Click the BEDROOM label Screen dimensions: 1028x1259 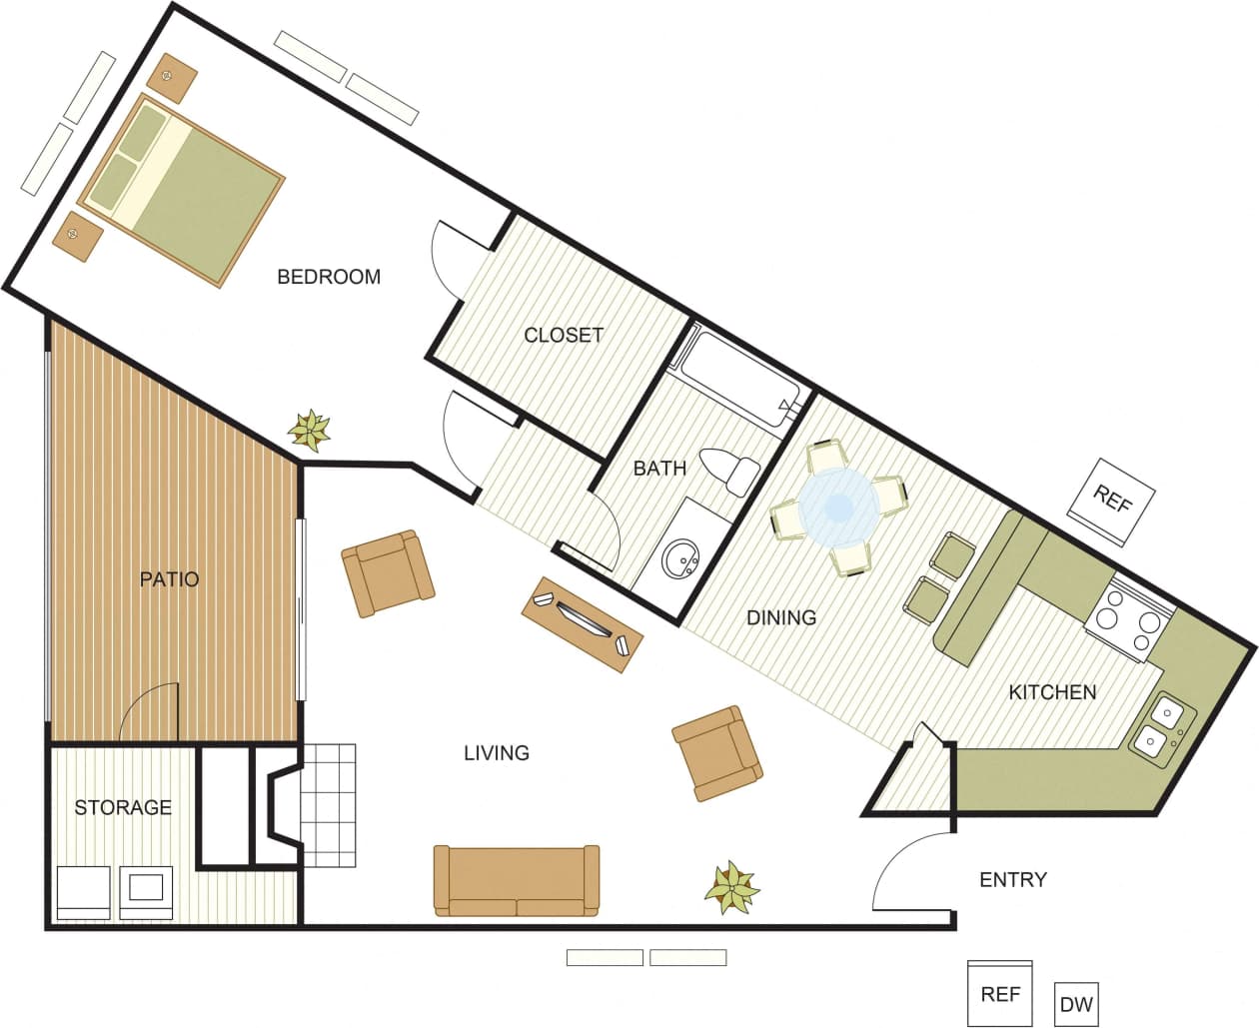point(329,277)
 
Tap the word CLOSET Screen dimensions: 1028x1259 point(564,335)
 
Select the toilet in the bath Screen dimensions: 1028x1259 point(731,471)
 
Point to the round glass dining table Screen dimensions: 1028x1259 point(838,509)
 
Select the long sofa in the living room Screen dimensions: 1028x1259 point(517,880)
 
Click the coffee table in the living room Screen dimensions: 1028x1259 point(583,623)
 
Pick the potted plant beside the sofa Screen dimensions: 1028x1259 point(731,886)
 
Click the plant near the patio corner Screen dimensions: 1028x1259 point(310,431)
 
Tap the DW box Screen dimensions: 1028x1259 point(1075,1004)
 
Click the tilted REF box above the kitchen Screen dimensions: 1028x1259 point(1111,501)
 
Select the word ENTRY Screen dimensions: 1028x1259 point(1013,879)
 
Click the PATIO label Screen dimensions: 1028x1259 point(169,578)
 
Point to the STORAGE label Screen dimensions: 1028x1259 point(123,807)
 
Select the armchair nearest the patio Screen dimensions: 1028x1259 point(388,573)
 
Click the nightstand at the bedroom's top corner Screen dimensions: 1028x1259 point(173,77)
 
